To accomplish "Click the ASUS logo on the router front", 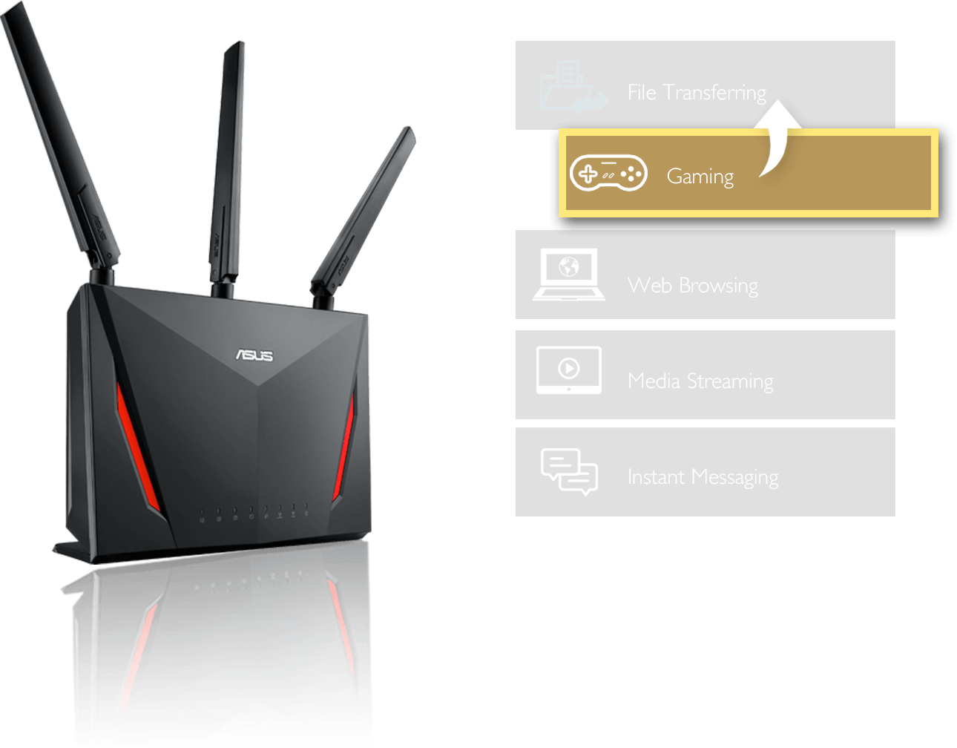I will click(x=254, y=355).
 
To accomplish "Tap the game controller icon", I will click(x=608, y=174).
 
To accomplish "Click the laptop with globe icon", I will click(x=568, y=275).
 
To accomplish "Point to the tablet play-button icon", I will click(x=568, y=369).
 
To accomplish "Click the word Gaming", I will click(x=700, y=177).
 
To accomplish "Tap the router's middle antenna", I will click(x=226, y=163).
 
